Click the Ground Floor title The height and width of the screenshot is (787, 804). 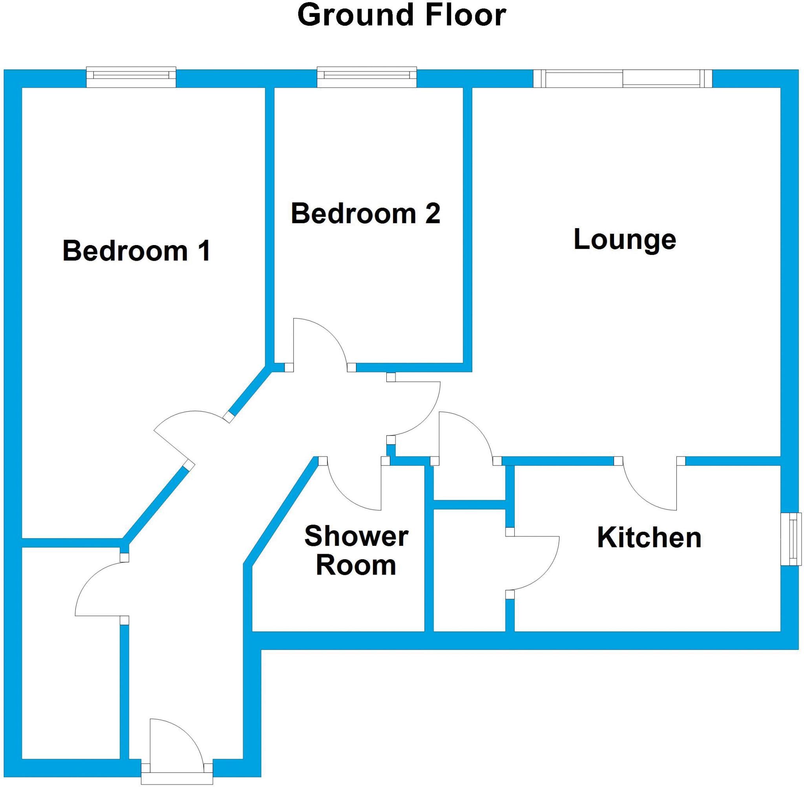coord(402,16)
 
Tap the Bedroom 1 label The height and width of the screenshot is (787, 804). coord(137,251)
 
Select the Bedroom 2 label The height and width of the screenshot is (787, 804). coord(365,214)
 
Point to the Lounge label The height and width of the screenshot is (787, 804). coord(625,240)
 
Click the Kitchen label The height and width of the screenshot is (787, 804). coord(649,538)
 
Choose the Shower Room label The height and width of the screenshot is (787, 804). coord(356,550)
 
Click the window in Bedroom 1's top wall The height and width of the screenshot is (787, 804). coord(131,77)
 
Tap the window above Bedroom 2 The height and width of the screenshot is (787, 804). coord(366,77)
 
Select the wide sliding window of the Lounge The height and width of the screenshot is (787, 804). coord(623,79)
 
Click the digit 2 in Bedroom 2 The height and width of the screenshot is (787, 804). coord(432,214)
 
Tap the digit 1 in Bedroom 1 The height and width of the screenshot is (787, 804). coord(205,251)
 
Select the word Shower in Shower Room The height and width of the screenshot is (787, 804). coord(356,536)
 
